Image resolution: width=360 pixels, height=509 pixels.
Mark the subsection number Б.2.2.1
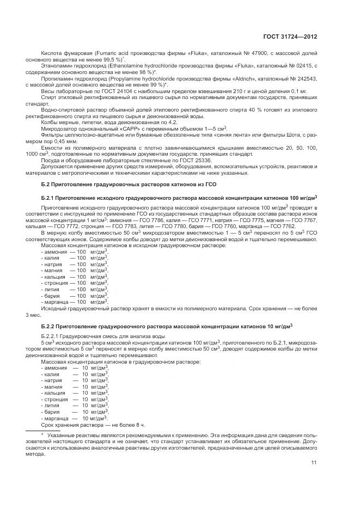point(53,338)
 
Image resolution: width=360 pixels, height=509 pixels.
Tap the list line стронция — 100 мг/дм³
point(75,283)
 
